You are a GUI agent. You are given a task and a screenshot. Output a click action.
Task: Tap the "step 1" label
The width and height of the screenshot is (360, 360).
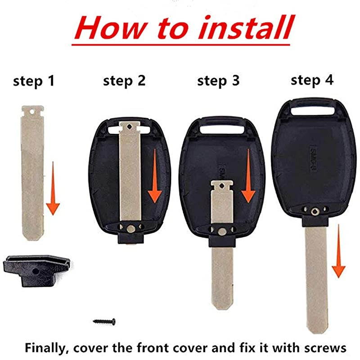tap(34, 81)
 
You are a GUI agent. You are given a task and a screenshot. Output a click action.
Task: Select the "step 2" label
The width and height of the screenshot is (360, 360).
tap(124, 81)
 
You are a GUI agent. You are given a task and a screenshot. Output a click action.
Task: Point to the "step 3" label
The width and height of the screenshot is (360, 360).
tap(218, 81)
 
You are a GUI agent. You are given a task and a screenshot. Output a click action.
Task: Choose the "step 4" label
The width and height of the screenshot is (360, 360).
tap(312, 80)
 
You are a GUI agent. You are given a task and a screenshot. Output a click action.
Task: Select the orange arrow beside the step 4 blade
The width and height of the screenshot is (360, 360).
tap(338, 256)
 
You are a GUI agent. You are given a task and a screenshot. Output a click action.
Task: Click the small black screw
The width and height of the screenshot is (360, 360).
tap(104, 321)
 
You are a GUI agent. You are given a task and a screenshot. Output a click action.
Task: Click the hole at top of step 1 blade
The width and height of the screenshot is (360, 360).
tap(33, 110)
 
